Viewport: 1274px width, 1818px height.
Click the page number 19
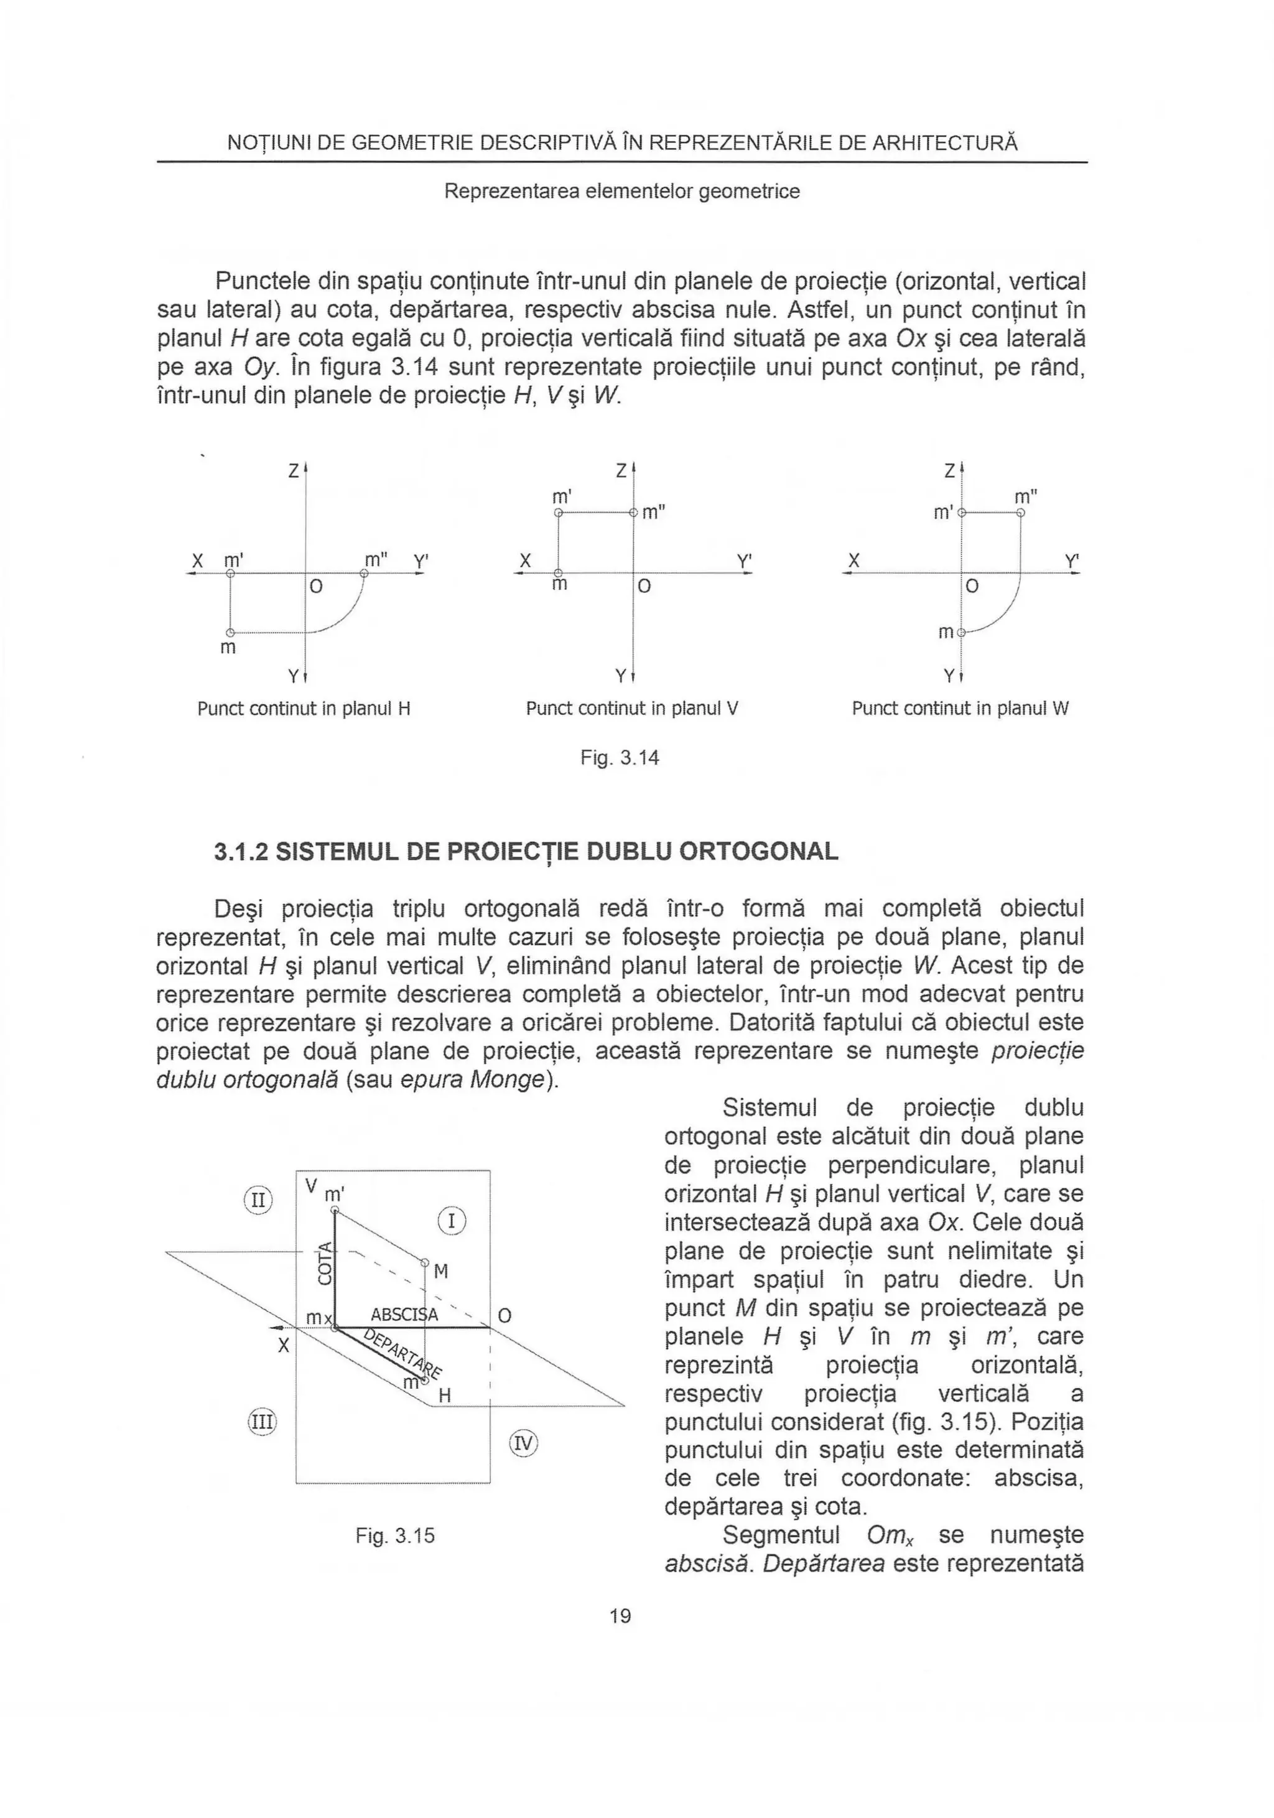point(620,1616)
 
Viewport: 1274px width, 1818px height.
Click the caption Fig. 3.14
point(619,758)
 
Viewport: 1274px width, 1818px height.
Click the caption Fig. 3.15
point(395,1536)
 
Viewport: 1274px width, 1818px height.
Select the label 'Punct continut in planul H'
point(303,709)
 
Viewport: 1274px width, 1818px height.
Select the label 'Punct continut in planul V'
point(632,709)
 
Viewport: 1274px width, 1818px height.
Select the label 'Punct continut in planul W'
point(960,709)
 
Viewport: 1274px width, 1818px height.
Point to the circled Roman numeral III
point(261,1422)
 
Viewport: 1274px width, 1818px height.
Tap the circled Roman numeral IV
point(523,1443)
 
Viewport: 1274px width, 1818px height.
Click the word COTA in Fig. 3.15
point(324,1264)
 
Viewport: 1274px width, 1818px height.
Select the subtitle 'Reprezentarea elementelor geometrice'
point(621,192)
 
